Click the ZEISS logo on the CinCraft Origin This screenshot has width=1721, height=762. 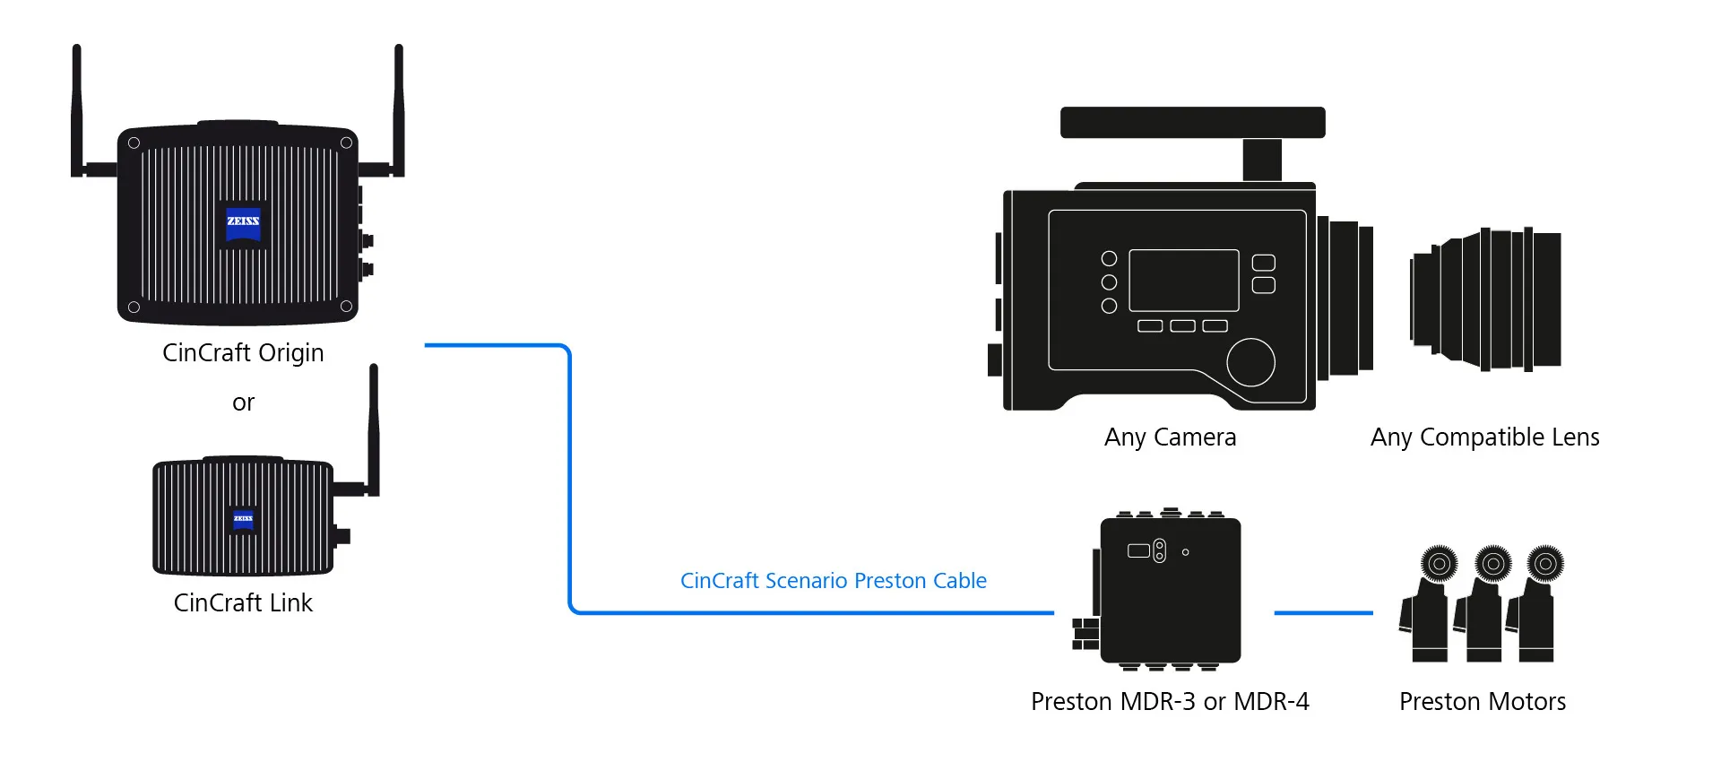click(243, 221)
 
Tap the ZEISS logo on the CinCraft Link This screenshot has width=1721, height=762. click(244, 519)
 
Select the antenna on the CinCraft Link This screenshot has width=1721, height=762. click(374, 430)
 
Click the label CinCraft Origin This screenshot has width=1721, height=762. click(243, 353)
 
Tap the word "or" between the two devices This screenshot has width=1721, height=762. click(243, 403)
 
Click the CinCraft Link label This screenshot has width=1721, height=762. click(243, 602)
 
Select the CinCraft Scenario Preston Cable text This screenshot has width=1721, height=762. click(834, 581)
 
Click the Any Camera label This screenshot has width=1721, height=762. click(1170, 437)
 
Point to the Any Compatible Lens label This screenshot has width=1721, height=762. click(1485, 437)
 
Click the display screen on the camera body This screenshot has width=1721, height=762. click(1183, 281)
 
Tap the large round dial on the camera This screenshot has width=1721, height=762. click(1250, 362)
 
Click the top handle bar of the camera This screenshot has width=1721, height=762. click(1193, 123)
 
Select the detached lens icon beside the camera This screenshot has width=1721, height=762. click(1485, 299)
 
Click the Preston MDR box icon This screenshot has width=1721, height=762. click(1165, 590)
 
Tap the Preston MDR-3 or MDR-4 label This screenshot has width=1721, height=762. click(1170, 701)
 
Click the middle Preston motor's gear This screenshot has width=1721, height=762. click(1493, 564)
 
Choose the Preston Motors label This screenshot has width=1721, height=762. click(1483, 701)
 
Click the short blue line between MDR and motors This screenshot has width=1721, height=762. click(1323, 613)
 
